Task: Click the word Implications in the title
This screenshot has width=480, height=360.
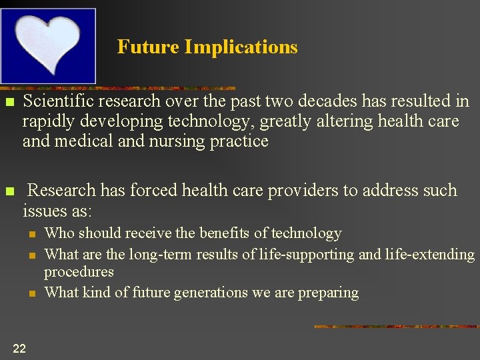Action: (241, 47)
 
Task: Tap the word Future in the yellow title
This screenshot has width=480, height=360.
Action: (148, 47)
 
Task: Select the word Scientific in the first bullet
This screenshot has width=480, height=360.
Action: (58, 101)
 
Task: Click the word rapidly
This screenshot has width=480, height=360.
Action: (47, 121)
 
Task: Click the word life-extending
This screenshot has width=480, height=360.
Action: (431, 254)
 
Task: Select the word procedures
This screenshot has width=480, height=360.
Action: (79, 272)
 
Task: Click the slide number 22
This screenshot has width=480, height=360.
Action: (19, 347)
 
